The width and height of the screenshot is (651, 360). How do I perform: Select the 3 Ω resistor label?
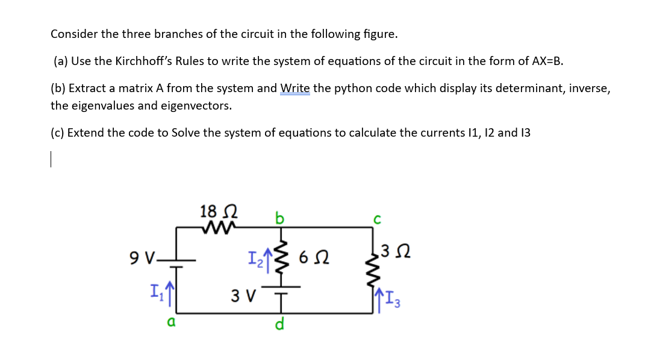398,250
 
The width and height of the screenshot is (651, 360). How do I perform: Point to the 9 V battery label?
143,259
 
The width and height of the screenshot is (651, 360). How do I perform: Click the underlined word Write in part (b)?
295,88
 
